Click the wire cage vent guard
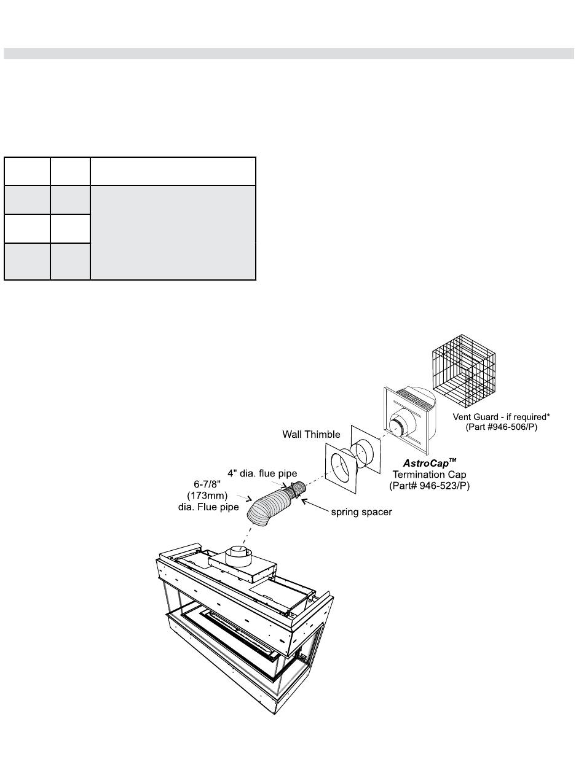tap(464, 366)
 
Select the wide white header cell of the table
tap(173, 171)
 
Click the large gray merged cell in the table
tap(173, 233)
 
